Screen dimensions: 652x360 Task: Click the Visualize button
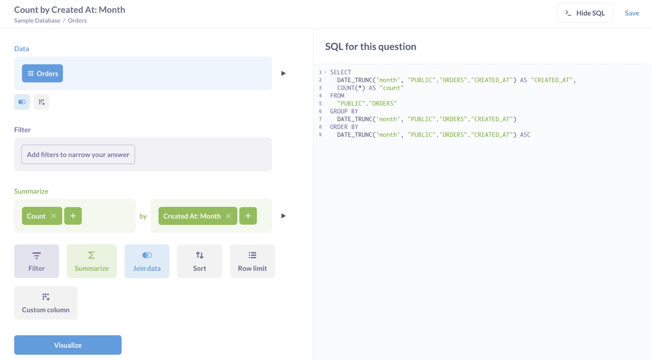pos(68,345)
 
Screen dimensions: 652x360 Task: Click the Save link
pos(632,13)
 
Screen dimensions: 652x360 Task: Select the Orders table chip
pos(42,73)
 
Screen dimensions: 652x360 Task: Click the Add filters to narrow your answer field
pos(78,154)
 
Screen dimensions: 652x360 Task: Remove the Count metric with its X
pos(53,216)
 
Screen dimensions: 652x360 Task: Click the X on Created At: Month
pos(229,216)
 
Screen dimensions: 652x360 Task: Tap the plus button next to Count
pos(73,216)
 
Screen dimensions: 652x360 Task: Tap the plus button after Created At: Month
pos(248,216)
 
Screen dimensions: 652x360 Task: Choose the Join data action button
pos(147,261)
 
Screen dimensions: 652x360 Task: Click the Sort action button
pos(200,261)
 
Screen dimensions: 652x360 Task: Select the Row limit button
pos(252,261)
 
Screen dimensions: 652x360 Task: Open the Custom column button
pos(46,303)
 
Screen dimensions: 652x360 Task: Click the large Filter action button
pos(37,261)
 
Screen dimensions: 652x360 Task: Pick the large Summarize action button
pos(92,261)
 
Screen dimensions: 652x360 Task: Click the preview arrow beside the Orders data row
pos(283,73)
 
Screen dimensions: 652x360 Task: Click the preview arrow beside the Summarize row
pos(283,216)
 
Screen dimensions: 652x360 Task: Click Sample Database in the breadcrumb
pos(37,20)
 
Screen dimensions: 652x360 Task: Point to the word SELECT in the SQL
pos(341,72)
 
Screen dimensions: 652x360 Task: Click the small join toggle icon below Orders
pos(22,102)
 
